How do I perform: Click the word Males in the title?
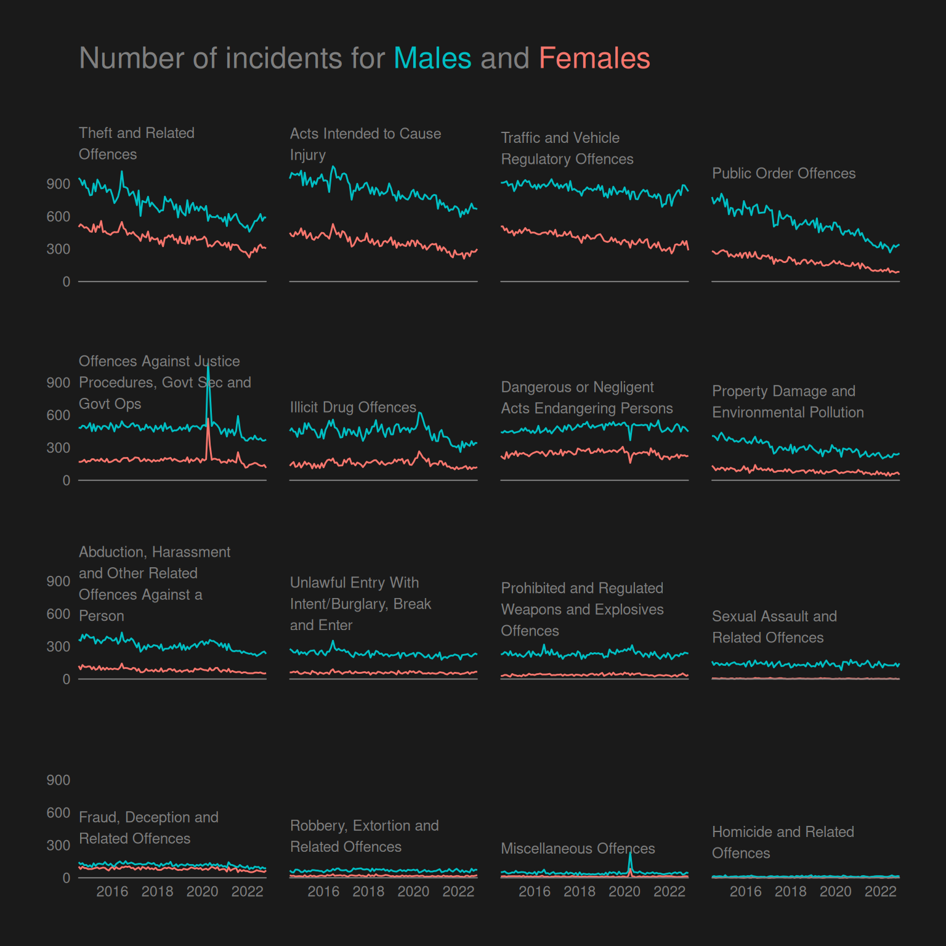coord(432,59)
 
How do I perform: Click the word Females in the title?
coord(594,59)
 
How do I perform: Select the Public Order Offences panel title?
coord(783,174)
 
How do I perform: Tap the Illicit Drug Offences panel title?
coord(353,408)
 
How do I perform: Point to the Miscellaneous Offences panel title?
coord(578,849)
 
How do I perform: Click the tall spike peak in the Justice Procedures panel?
coord(208,368)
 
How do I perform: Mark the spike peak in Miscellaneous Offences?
coord(630,854)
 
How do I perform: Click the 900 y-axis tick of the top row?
coord(59,184)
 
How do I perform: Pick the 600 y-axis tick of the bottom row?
coord(59,813)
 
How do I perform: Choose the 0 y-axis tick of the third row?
coord(66,679)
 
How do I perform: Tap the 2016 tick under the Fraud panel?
coord(112,892)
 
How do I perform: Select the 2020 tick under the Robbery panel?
coord(413,892)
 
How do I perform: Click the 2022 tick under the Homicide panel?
coord(880,892)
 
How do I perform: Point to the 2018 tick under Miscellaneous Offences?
coord(580,892)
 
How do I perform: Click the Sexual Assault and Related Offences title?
coord(774,627)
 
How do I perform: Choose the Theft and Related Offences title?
coord(137,144)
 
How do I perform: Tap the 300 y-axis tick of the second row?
coord(59,448)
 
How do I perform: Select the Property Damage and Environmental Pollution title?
coord(788,402)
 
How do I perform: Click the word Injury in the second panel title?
coord(308,155)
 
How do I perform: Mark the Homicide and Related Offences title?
coord(783,843)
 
